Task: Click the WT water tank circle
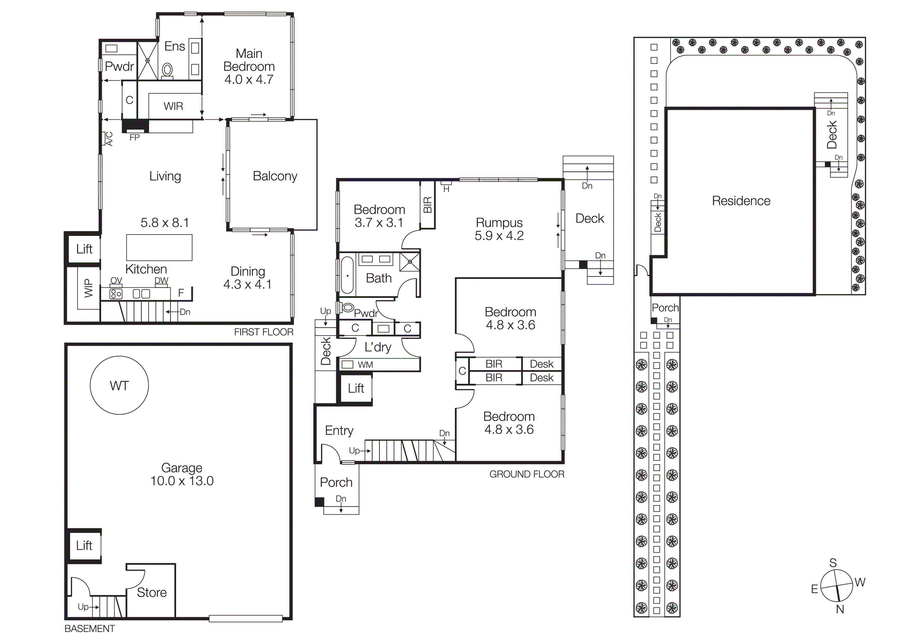tap(119, 385)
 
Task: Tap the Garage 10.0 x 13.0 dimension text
tap(182, 481)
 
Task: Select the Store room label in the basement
tap(152, 592)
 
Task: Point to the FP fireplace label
tap(134, 138)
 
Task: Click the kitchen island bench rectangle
tap(159, 248)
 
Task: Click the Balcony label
tap(275, 176)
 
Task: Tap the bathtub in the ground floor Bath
tap(347, 275)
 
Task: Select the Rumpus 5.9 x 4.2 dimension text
tap(499, 236)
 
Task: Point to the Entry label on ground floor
tap(339, 431)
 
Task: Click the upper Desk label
tap(542, 364)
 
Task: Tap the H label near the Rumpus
tap(446, 189)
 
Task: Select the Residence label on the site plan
tap(741, 201)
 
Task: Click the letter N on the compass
tap(840, 609)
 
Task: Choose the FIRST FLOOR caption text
tap(263, 332)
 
